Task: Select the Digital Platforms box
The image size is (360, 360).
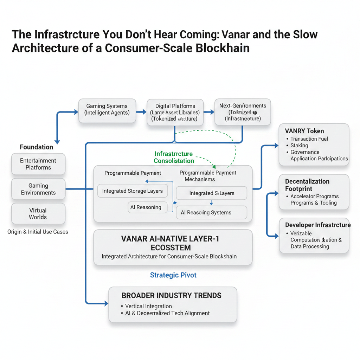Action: (x=175, y=112)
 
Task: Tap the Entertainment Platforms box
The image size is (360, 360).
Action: (x=38, y=164)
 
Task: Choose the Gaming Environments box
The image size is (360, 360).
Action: (x=38, y=189)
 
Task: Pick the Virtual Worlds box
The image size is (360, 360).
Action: (x=38, y=213)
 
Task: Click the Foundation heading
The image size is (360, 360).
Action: (x=37, y=147)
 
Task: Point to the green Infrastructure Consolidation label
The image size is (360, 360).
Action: (x=174, y=157)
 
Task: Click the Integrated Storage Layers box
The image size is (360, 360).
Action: (x=132, y=191)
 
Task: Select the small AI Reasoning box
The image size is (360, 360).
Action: (x=146, y=207)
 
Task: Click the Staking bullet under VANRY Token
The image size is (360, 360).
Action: (x=299, y=145)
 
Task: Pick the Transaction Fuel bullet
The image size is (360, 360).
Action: (x=309, y=139)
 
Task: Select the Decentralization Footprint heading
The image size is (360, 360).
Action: (x=307, y=185)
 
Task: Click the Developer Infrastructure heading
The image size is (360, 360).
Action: (x=318, y=225)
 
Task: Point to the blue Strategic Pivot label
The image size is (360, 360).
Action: (x=173, y=275)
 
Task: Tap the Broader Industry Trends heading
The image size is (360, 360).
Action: (x=172, y=295)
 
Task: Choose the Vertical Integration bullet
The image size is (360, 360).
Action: (x=148, y=306)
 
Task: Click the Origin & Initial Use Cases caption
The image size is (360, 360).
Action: (x=38, y=232)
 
